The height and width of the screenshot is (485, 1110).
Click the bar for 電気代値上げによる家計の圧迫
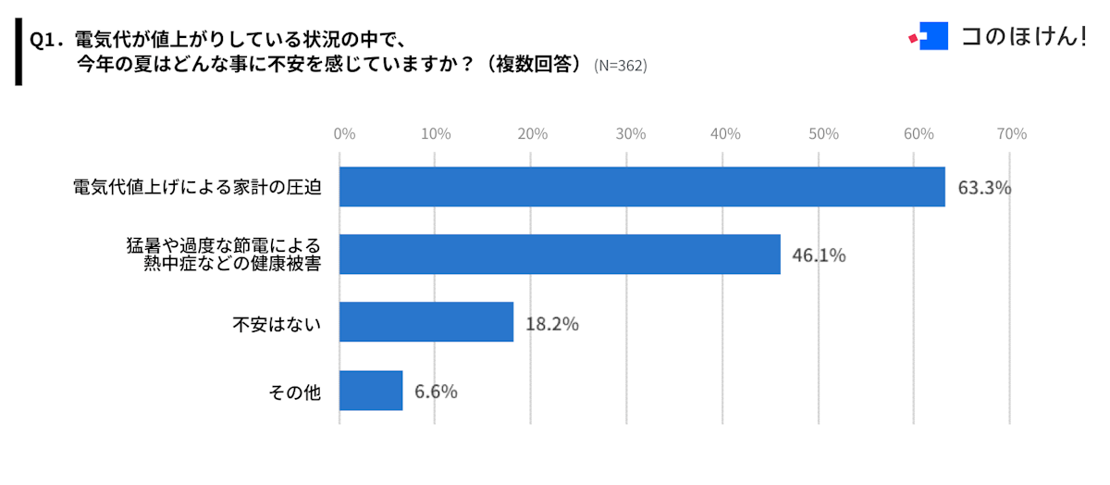[x=642, y=187]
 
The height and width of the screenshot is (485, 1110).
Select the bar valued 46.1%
[x=560, y=255]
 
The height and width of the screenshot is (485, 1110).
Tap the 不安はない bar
[x=426, y=322]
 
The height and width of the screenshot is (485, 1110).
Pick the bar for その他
[x=371, y=391]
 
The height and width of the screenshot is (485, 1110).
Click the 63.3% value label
[x=984, y=188]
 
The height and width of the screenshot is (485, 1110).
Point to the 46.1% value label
[x=819, y=255]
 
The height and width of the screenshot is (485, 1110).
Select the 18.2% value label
[x=552, y=324]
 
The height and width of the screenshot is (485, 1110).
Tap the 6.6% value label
[x=436, y=392]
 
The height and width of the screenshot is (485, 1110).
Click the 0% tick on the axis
[x=344, y=134]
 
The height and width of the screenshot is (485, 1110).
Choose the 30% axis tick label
[x=630, y=134]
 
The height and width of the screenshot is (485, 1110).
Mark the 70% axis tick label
[x=1013, y=134]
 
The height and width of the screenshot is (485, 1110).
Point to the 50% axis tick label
[x=821, y=134]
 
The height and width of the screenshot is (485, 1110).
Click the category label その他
[x=294, y=392]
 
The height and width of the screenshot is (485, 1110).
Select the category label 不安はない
[x=276, y=324]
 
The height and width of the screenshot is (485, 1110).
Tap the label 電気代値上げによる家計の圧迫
[x=197, y=188]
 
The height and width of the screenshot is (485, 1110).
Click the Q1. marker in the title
[x=45, y=40]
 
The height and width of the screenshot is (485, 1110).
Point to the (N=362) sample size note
[x=620, y=66]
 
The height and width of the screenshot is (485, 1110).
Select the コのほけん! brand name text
[x=1023, y=37]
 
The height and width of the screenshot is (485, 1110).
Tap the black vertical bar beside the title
[x=18, y=52]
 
